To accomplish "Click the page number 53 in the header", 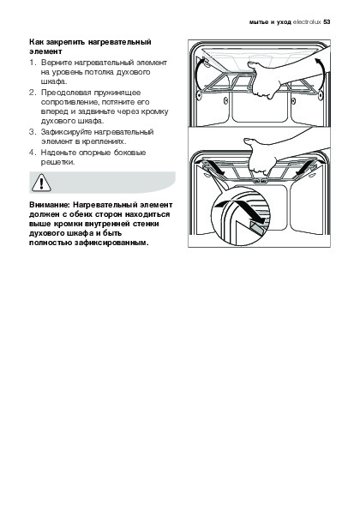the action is point(327,22).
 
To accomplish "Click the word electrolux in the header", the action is point(307,22).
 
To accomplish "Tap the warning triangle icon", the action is point(41,183).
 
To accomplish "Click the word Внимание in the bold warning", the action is point(50,205).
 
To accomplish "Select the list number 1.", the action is point(31,63).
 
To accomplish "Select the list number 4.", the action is point(31,153).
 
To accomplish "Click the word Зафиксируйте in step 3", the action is point(66,132).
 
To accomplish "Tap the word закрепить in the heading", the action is point(66,42).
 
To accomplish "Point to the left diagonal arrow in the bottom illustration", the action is point(215,166).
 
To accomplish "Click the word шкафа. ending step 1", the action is point(54,81).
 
